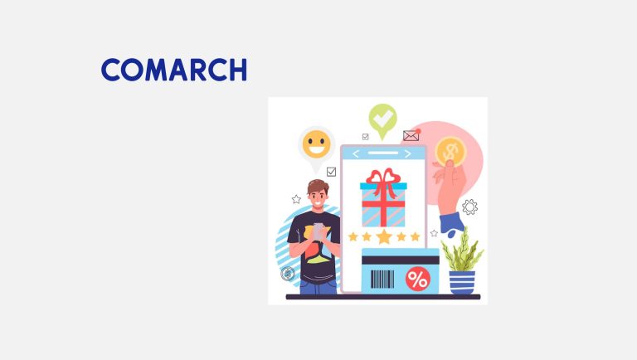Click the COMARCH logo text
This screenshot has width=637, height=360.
pos(174,70)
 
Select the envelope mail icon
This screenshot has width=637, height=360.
pos(411,135)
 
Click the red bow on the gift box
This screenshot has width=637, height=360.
pos(383,179)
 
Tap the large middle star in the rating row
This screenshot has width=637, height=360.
pos(383,236)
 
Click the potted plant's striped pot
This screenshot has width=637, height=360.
pos(462,281)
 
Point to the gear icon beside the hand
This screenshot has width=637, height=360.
pos(469,207)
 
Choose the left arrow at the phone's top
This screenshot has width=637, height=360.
pos(357,154)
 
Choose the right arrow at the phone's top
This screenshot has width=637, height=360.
pos(408,154)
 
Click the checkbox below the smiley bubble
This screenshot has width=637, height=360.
pos(332,172)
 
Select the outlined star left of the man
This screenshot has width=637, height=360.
pos(296,199)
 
